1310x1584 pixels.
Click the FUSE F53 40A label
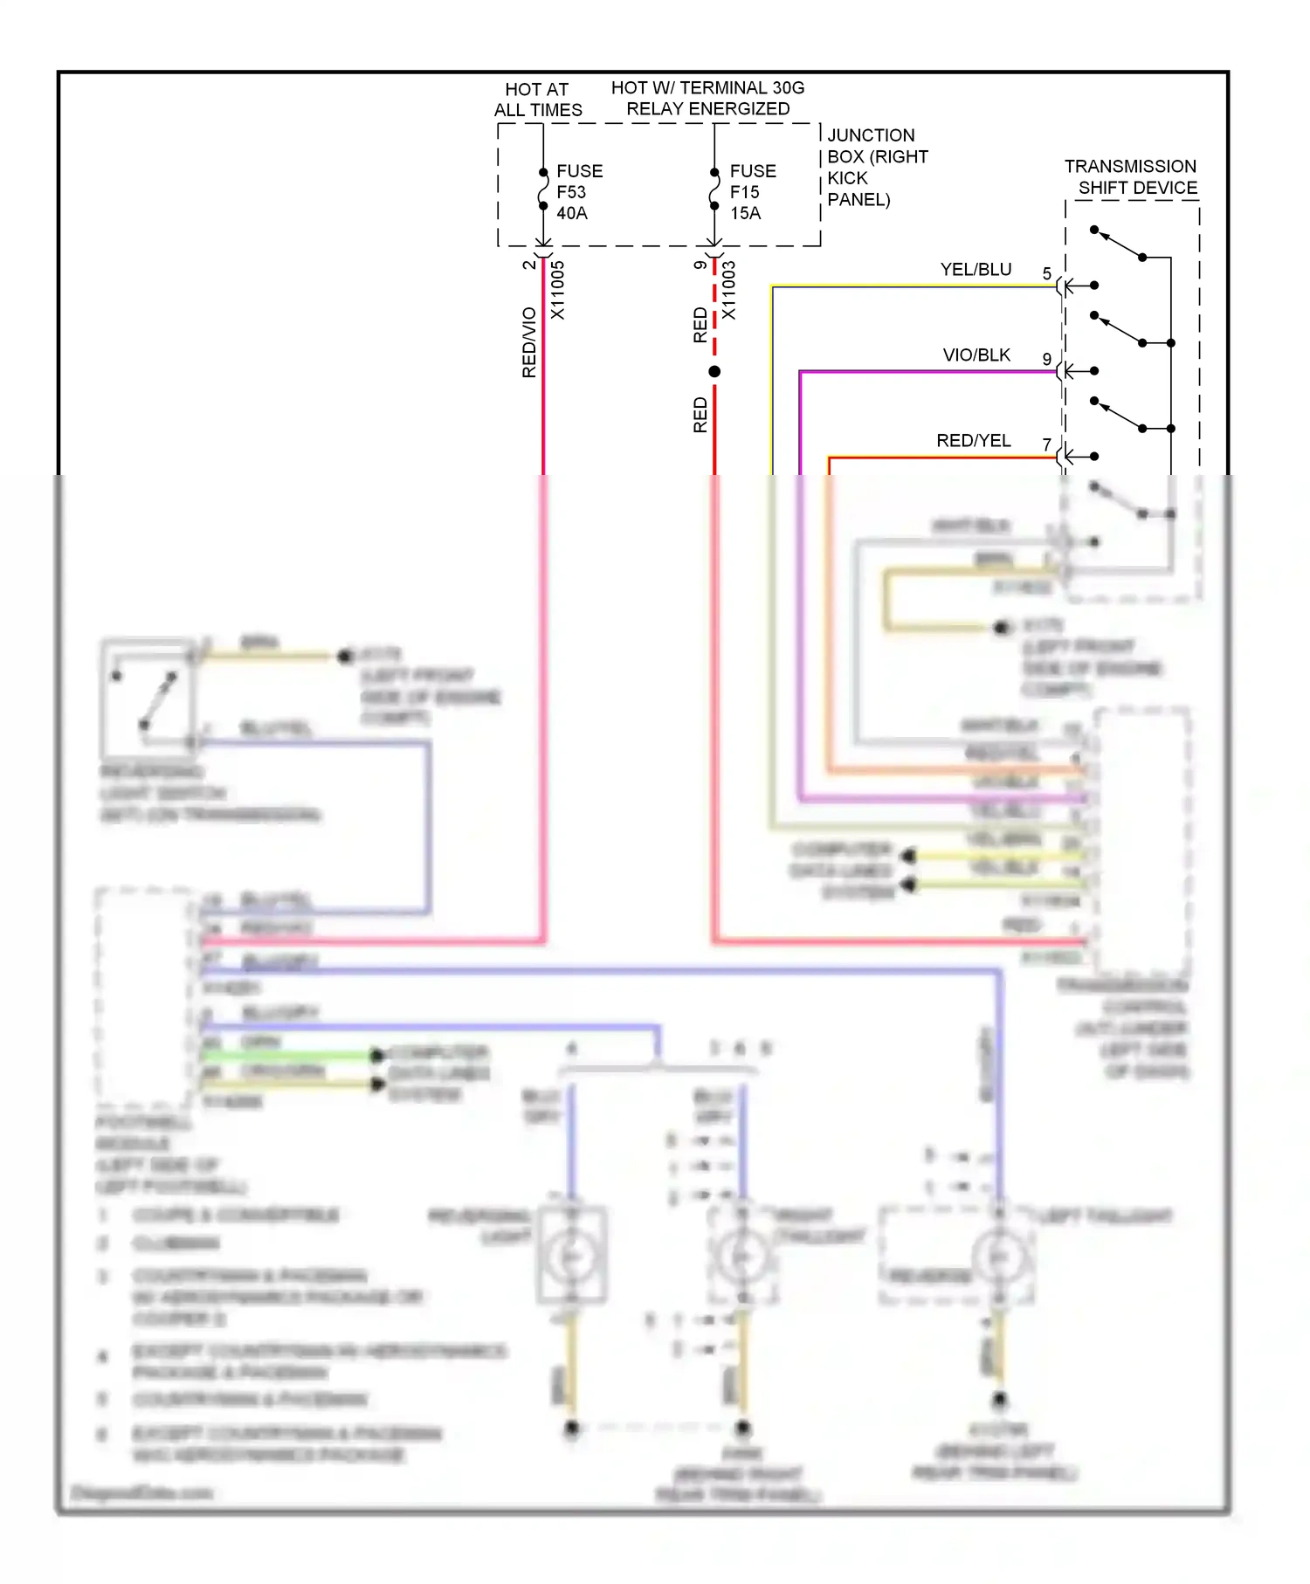pos(579,192)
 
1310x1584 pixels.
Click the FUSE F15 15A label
pos(752,192)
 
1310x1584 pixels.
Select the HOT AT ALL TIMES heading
pos(537,100)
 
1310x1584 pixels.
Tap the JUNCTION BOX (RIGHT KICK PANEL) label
pos(876,167)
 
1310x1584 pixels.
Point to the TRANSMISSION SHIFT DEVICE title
pos(1131,176)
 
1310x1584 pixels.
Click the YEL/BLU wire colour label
pos(976,270)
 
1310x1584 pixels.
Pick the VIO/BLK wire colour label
pos(976,355)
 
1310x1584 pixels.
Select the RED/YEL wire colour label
pos(973,441)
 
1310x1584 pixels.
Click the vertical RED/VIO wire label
pos(528,342)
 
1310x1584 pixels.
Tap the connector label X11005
pos(557,290)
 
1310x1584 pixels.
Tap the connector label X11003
pos(728,290)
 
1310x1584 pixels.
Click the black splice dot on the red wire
pos(714,372)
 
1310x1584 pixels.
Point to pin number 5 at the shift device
pos(1046,274)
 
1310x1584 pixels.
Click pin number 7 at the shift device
pos(1046,445)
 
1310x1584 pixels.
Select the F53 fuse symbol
pos(543,189)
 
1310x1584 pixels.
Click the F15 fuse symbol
pos(714,189)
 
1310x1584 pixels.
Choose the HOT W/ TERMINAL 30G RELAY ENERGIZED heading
pos(707,99)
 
